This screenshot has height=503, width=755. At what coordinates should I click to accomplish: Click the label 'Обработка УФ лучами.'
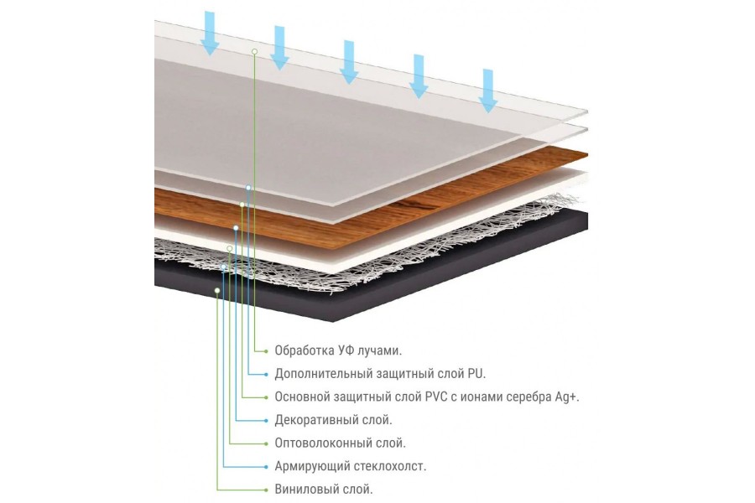[338, 350]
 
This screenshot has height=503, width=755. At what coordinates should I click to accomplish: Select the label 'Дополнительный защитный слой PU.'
[380, 374]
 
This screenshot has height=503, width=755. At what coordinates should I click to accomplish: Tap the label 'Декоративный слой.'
[333, 420]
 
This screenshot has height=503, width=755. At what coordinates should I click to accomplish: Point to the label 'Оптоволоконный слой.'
[340, 443]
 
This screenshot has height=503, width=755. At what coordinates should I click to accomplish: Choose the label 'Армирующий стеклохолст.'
[351, 466]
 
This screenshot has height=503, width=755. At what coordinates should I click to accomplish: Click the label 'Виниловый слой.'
[324, 489]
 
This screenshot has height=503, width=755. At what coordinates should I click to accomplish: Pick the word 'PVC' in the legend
[436, 397]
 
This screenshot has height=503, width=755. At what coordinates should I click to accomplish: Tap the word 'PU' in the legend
[476, 374]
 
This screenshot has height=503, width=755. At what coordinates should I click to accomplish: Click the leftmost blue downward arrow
[210, 34]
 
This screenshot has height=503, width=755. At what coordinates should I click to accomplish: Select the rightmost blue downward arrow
[487, 91]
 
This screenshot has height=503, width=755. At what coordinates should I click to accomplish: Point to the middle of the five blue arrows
[349, 62]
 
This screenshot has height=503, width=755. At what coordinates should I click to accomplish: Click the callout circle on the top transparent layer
[255, 51]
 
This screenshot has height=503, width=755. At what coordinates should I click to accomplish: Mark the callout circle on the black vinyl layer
[217, 290]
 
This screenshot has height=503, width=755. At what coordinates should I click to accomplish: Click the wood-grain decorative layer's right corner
[587, 154]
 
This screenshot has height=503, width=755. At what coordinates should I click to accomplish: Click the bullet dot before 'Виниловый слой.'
[266, 490]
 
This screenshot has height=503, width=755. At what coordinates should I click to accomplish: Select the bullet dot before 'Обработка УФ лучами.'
[266, 351]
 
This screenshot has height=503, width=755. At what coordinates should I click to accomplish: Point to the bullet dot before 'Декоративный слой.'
[266, 420]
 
